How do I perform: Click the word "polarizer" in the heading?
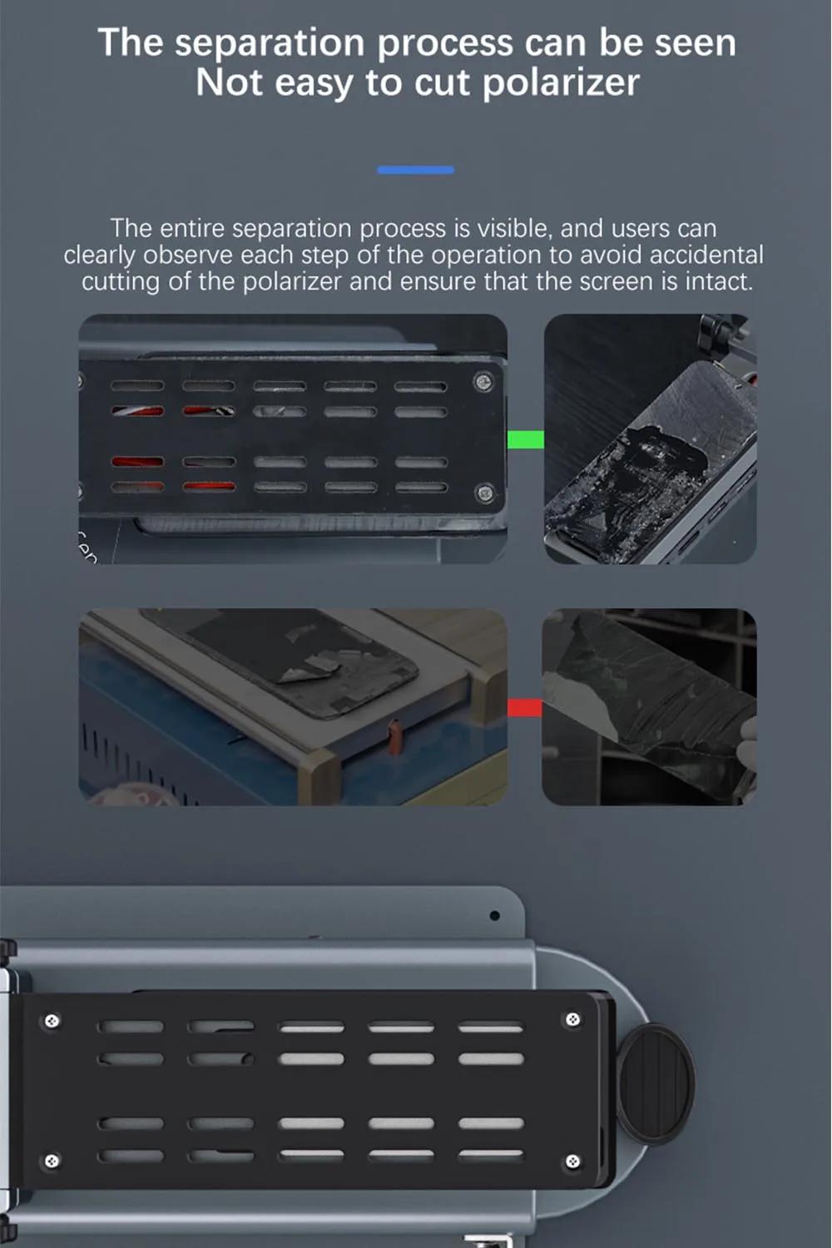pyautogui.click(x=561, y=83)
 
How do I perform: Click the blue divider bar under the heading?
pyautogui.click(x=416, y=170)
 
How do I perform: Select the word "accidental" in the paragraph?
pyautogui.click(x=706, y=255)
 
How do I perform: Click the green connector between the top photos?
pyautogui.click(x=526, y=439)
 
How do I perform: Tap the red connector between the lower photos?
pyautogui.click(x=524, y=707)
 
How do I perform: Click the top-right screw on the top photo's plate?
pyautogui.click(x=483, y=382)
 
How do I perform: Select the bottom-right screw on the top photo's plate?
pyautogui.click(x=483, y=493)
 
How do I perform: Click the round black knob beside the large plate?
pyautogui.click(x=655, y=1084)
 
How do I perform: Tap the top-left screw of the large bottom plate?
pyautogui.click(x=52, y=1021)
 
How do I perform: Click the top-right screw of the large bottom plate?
pyautogui.click(x=572, y=1019)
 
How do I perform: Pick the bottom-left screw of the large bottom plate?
pyautogui.click(x=52, y=1161)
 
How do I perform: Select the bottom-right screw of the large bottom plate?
pyautogui.click(x=573, y=1161)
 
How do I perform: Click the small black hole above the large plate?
pyautogui.click(x=494, y=915)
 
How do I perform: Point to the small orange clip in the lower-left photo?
pyautogui.click(x=394, y=736)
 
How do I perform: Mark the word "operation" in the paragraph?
pyautogui.click(x=487, y=256)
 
